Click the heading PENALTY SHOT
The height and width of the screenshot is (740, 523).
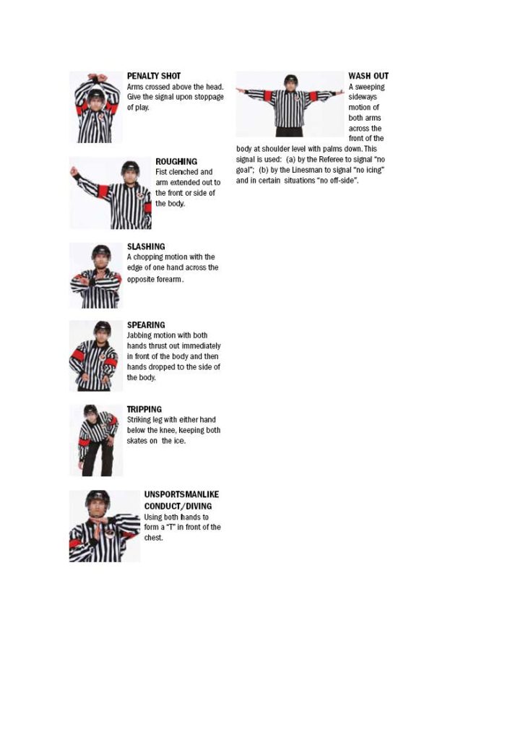[154, 76]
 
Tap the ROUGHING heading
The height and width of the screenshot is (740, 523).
[176, 161]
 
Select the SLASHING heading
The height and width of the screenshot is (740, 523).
[146, 246]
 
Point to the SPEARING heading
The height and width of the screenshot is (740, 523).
[146, 325]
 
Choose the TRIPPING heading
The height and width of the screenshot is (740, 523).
[144, 409]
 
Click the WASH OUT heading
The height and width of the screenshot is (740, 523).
[368, 76]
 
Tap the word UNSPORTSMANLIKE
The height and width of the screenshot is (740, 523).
[181, 494]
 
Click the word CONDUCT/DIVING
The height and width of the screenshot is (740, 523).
[178, 506]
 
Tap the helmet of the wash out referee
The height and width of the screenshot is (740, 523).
[290, 79]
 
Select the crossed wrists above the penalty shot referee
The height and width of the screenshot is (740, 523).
[96, 77]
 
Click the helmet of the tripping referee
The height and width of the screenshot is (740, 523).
[90, 410]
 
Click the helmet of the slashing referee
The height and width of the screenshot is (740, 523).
[101, 251]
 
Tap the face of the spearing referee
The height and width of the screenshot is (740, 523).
[102, 334]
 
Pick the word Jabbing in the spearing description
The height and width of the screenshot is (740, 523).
[139, 335]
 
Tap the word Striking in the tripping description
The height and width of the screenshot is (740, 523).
[139, 420]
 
